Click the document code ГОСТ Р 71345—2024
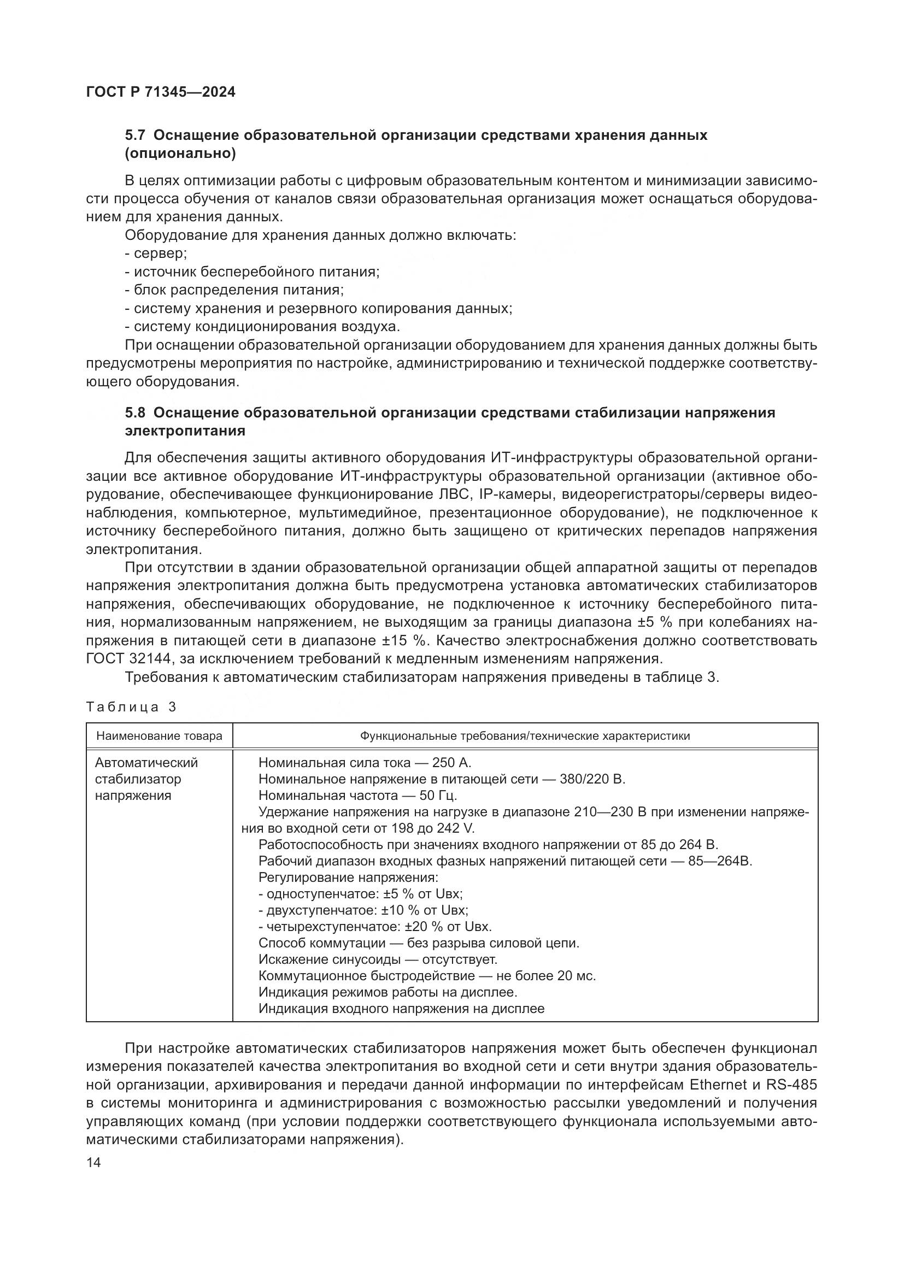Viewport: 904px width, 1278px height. pos(161,92)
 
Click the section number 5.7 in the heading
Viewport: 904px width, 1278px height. pos(134,136)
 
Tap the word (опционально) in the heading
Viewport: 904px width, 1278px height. pos(180,154)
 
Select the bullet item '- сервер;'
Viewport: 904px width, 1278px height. pos(156,254)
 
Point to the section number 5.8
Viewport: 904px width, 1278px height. pos(134,413)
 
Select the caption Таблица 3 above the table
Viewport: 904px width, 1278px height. pos(131,707)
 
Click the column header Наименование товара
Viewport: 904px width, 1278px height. pos(159,736)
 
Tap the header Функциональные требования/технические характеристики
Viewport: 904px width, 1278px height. pos(525,736)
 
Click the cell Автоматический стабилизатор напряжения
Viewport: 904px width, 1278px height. pos(146,779)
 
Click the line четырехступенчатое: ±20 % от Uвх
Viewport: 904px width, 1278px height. pos(375,927)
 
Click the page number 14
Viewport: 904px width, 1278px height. pos(94,1163)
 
